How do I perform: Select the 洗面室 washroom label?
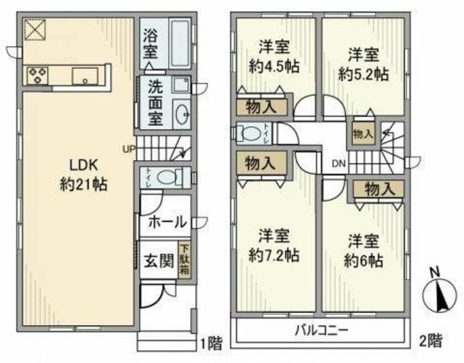(x=155, y=104)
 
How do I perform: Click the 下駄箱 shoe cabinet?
(x=184, y=258)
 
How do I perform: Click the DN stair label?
(x=338, y=164)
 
